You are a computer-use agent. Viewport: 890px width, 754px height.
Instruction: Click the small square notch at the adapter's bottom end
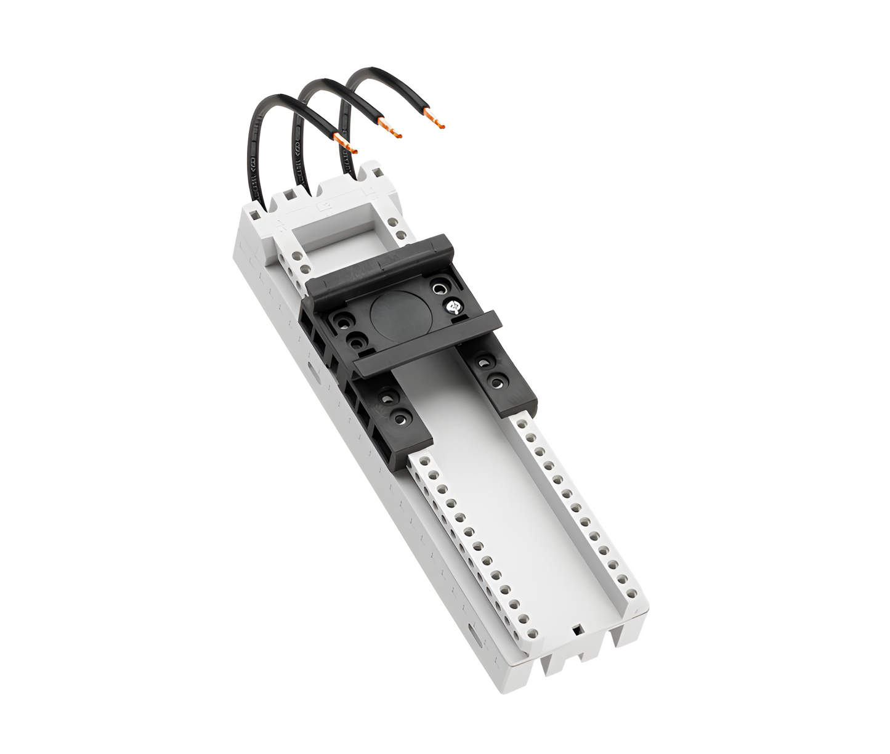(577, 630)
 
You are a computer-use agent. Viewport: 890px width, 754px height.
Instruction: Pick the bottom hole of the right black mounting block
(496, 383)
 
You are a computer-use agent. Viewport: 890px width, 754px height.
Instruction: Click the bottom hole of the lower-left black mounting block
(402, 418)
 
